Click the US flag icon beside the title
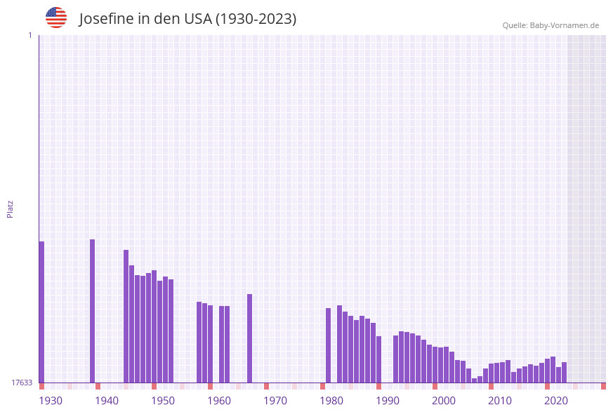[56, 18]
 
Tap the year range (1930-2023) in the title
[256, 19]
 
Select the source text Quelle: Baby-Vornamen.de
[551, 25]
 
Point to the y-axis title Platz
[11, 208]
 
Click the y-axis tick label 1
[29, 35]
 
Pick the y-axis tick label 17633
[21, 383]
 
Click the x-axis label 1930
[51, 401]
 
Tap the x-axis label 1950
[163, 401]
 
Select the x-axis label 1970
[275, 401]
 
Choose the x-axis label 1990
[388, 401]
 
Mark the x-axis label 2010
[500, 401]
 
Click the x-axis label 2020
[556, 401]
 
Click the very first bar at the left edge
[41, 312]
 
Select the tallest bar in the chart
[92, 311]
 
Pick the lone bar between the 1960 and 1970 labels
[249, 338]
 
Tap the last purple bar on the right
[564, 373]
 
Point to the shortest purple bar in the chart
[474, 380]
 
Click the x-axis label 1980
[331, 401]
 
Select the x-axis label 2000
[444, 401]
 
